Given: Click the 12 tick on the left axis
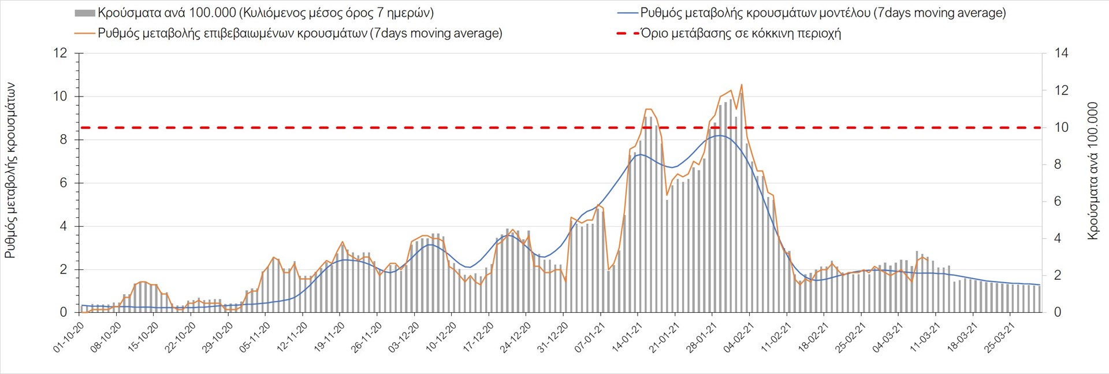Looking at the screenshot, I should [x=60, y=53].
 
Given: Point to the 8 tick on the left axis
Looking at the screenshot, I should [x=64, y=140].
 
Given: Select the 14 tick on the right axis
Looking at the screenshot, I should [x=1061, y=53].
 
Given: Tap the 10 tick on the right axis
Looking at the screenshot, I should [x=1061, y=127].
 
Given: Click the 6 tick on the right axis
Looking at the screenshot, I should [x=1058, y=201].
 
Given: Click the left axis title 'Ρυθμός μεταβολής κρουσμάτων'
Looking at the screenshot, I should [x=10, y=170].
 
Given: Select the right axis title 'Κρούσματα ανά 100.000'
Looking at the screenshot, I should [x=1092, y=171].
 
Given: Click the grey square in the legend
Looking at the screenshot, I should [x=84, y=13].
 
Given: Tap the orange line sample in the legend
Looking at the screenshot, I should [x=84, y=33].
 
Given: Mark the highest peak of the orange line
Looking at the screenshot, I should [x=741, y=84].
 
